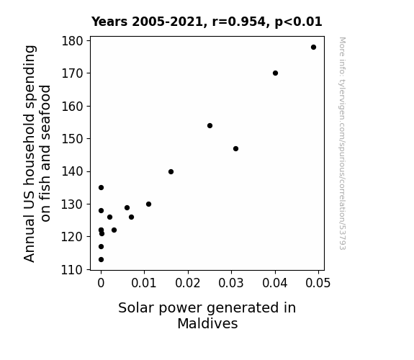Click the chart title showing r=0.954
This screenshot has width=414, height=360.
[x=207, y=22]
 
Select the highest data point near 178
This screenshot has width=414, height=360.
[x=313, y=48]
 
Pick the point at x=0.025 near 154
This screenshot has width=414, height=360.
[x=210, y=126]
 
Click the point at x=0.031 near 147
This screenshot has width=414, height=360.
[x=235, y=149]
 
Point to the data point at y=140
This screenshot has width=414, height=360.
[x=171, y=171]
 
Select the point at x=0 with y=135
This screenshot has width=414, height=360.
[x=101, y=187]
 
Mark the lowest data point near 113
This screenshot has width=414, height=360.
[x=101, y=260]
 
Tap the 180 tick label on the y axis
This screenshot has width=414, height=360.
[x=72, y=41]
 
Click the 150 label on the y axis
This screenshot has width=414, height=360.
[x=72, y=139]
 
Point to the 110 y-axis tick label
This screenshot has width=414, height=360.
[x=72, y=270]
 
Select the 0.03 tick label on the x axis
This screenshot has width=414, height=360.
[x=231, y=283]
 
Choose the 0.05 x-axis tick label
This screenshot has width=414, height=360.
[x=318, y=283]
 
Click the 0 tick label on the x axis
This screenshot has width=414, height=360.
[x=101, y=283]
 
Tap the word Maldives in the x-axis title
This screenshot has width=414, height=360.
[x=207, y=323]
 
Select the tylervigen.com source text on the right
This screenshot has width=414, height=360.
[x=342, y=143]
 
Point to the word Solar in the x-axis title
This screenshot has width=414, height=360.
[x=135, y=308]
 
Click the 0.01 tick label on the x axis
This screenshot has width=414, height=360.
[x=144, y=283]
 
